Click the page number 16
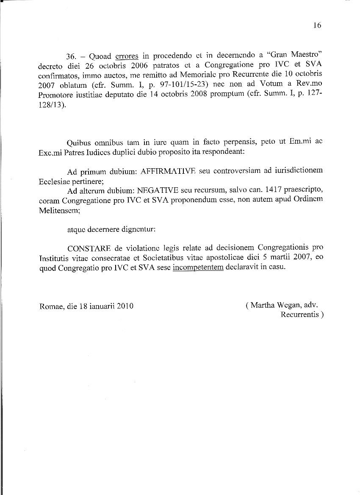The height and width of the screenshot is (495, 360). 317,25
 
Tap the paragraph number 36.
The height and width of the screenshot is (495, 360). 72,57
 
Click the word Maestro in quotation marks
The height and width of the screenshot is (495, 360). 307,56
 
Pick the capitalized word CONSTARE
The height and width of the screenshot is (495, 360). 89,247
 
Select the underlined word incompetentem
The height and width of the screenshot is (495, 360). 198,267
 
